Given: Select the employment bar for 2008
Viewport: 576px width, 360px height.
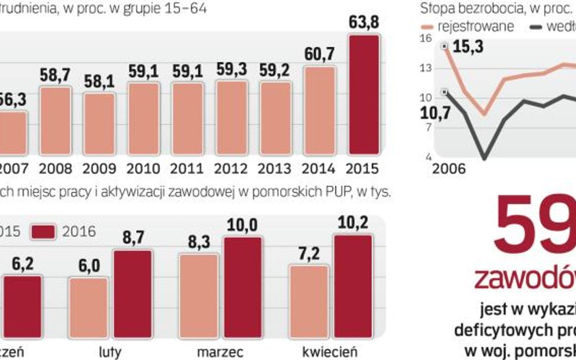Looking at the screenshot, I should [55, 120].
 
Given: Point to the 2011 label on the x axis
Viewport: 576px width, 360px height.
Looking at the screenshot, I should [187, 168].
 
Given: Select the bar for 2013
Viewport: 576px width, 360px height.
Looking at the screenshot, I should [275, 118].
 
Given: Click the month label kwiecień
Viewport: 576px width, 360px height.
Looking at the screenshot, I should [331, 352].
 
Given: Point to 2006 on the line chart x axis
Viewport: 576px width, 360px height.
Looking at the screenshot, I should [448, 168].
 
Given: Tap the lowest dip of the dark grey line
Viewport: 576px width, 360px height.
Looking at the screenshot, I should [484, 158].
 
